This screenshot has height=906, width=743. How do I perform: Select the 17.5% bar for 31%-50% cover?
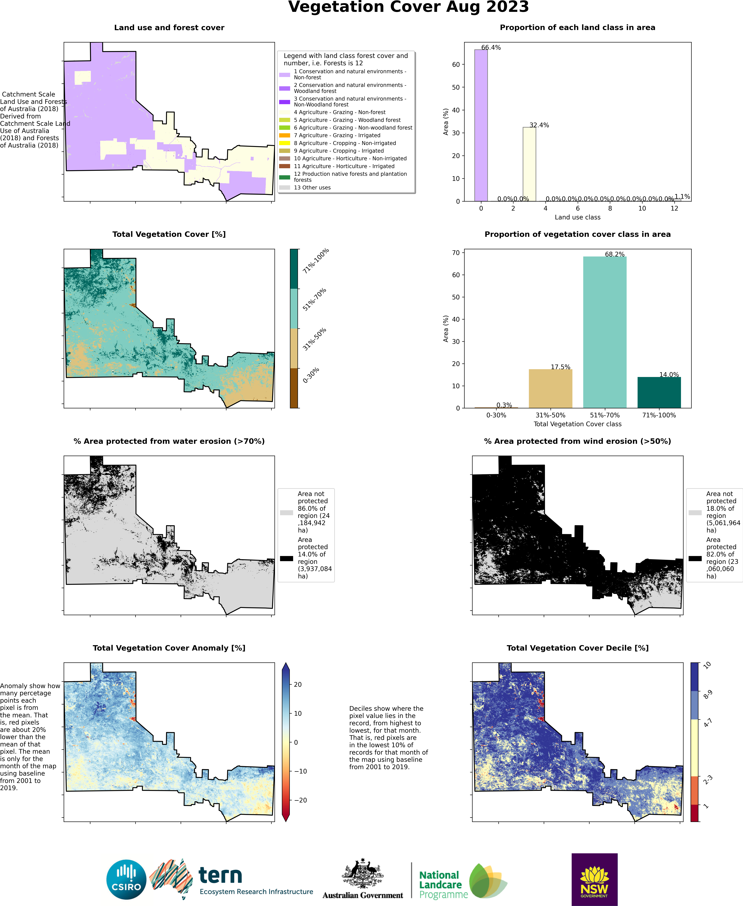click(550, 388)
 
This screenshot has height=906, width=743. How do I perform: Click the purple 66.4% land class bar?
click(481, 125)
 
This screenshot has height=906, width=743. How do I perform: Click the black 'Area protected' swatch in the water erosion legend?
click(286, 558)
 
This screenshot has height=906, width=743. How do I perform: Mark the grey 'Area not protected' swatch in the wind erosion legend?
click(695, 513)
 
